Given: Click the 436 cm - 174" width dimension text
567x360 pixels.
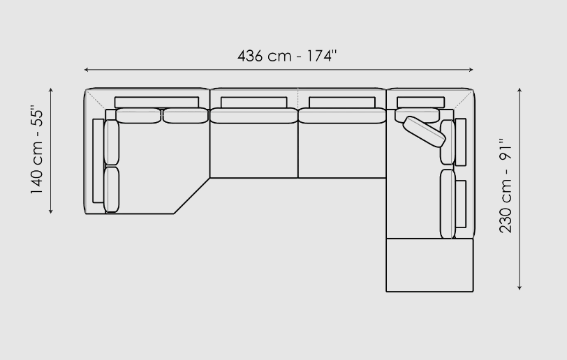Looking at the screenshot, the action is [287, 56].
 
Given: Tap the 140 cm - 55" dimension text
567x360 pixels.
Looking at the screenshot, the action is [36, 149].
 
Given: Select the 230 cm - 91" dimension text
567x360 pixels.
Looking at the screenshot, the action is [505, 185].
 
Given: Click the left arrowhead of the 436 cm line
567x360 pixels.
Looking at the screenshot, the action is [86, 69].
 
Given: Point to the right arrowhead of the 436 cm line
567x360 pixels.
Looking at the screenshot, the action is [471, 69].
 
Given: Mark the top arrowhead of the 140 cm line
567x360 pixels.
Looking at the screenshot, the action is [50, 90].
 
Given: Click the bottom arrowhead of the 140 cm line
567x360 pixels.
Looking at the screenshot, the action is [50, 211].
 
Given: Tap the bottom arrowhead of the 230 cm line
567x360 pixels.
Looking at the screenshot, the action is [520, 287].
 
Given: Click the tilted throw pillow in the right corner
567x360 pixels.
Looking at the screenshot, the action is [424, 132].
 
